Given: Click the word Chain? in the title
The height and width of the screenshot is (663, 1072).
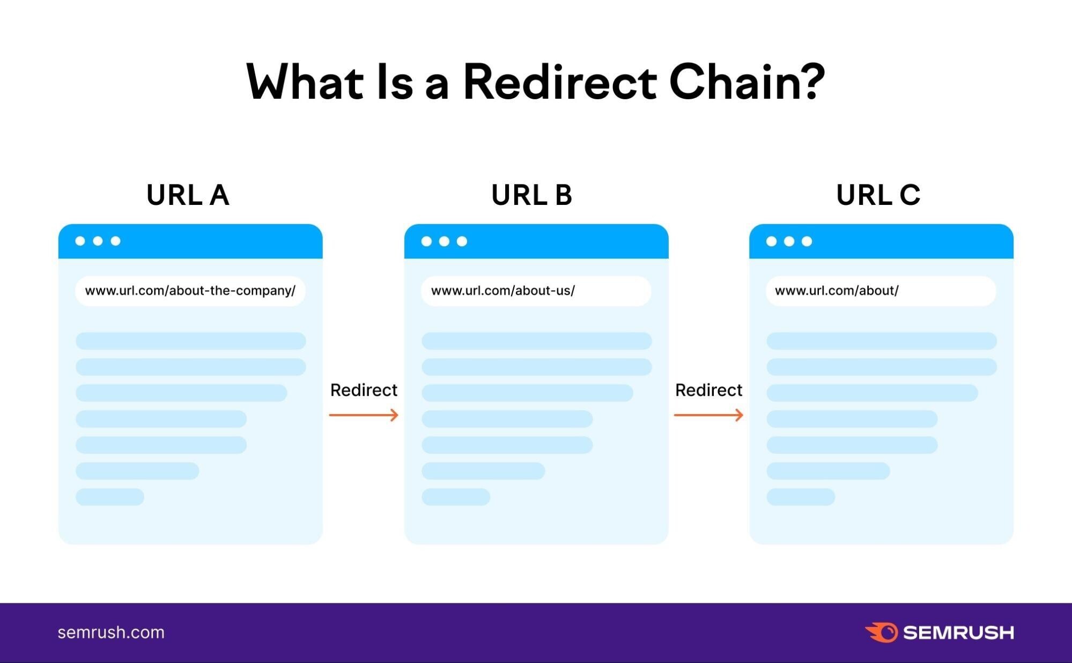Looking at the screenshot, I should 746,82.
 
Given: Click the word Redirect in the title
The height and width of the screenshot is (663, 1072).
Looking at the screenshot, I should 559,82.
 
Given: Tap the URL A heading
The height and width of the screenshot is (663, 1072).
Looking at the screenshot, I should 188,195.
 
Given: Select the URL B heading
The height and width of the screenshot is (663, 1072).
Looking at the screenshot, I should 532,195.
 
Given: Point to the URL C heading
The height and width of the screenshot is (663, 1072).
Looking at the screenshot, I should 878,195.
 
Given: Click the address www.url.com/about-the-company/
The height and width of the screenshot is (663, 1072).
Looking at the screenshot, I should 190,291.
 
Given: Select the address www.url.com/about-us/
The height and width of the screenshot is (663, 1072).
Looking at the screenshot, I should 502,291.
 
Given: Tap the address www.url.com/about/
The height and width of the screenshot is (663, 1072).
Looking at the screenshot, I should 837,291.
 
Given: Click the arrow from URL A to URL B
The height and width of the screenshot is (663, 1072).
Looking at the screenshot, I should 364,415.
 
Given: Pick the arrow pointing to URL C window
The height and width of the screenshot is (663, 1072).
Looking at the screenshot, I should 708,415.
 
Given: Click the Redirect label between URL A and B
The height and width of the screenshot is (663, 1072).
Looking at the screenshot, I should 364,390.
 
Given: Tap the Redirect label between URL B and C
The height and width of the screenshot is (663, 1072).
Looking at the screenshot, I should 708,390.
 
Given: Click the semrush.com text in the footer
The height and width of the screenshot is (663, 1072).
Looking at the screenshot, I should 111,632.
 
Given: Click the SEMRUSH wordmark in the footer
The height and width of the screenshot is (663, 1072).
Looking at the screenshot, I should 958,633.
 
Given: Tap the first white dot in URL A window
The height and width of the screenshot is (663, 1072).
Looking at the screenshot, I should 80,241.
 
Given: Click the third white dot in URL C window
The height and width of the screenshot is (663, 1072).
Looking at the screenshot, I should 807,241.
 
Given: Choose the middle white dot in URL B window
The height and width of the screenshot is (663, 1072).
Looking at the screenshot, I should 444,241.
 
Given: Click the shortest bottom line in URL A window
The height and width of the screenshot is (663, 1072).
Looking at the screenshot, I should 110,497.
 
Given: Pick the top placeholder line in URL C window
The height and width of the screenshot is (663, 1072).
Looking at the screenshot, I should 881,341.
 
